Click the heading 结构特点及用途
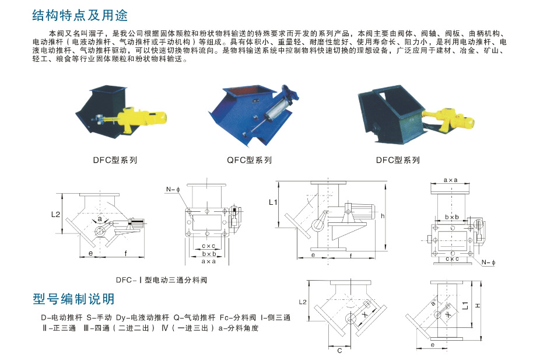pos(80,15)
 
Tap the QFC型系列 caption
pos(249,160)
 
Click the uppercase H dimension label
pos(476,305)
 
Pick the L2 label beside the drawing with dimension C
pos(302,302)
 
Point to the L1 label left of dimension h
pos(273,203)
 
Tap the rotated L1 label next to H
pos(465,305)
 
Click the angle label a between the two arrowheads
pos(100,218)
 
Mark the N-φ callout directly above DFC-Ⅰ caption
pos(171,189)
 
